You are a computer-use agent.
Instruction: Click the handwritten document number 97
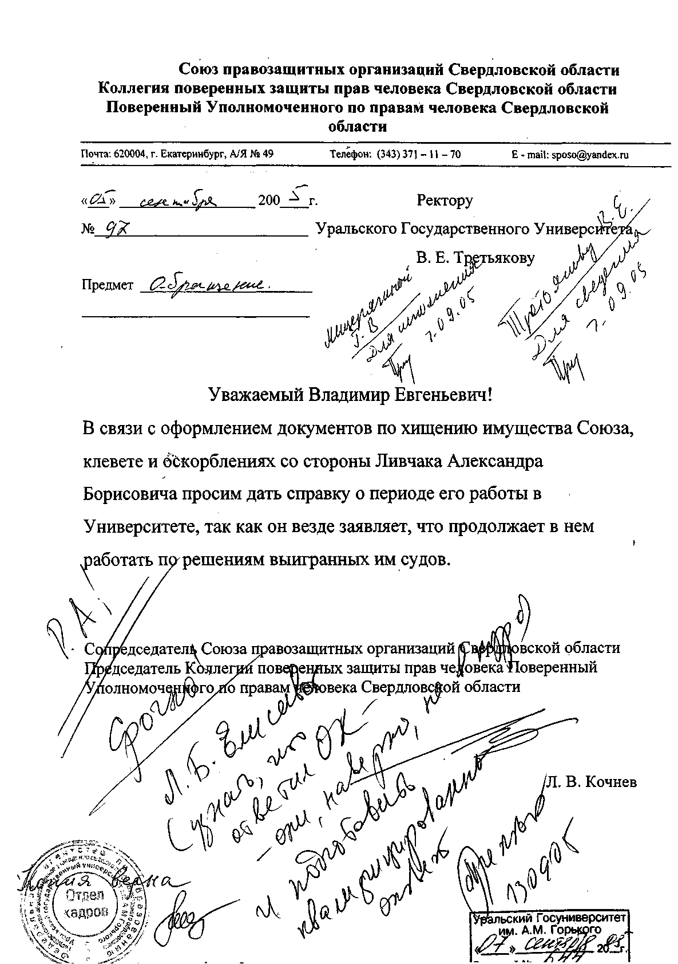coord(112,230)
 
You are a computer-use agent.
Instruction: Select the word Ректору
coord(445,200)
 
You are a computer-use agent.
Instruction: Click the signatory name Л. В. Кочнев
coord(591,782)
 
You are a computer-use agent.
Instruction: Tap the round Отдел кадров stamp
coord(86,903)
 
